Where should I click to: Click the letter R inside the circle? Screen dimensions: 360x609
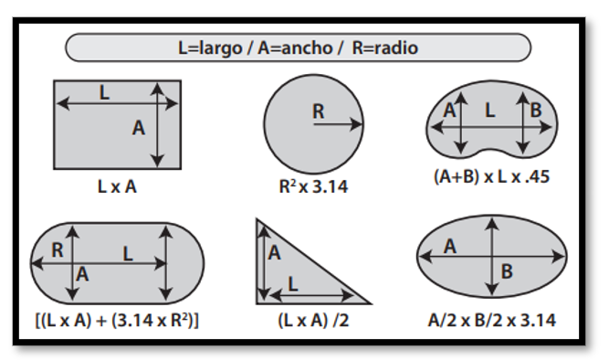tap(318, 111)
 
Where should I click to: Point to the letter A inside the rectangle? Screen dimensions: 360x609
tap(139, 129)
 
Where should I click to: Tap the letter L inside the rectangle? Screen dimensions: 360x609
tap(105, 92)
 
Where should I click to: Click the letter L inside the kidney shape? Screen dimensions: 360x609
tap(490, 111)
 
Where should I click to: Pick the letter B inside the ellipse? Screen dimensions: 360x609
tap(507, 270)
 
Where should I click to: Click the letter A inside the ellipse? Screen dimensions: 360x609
tap(450, 246)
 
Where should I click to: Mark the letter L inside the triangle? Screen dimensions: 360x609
tap(293, 284)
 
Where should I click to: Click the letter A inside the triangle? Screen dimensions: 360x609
tap(274, 254)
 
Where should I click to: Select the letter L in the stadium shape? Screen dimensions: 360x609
tap(128, 255)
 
